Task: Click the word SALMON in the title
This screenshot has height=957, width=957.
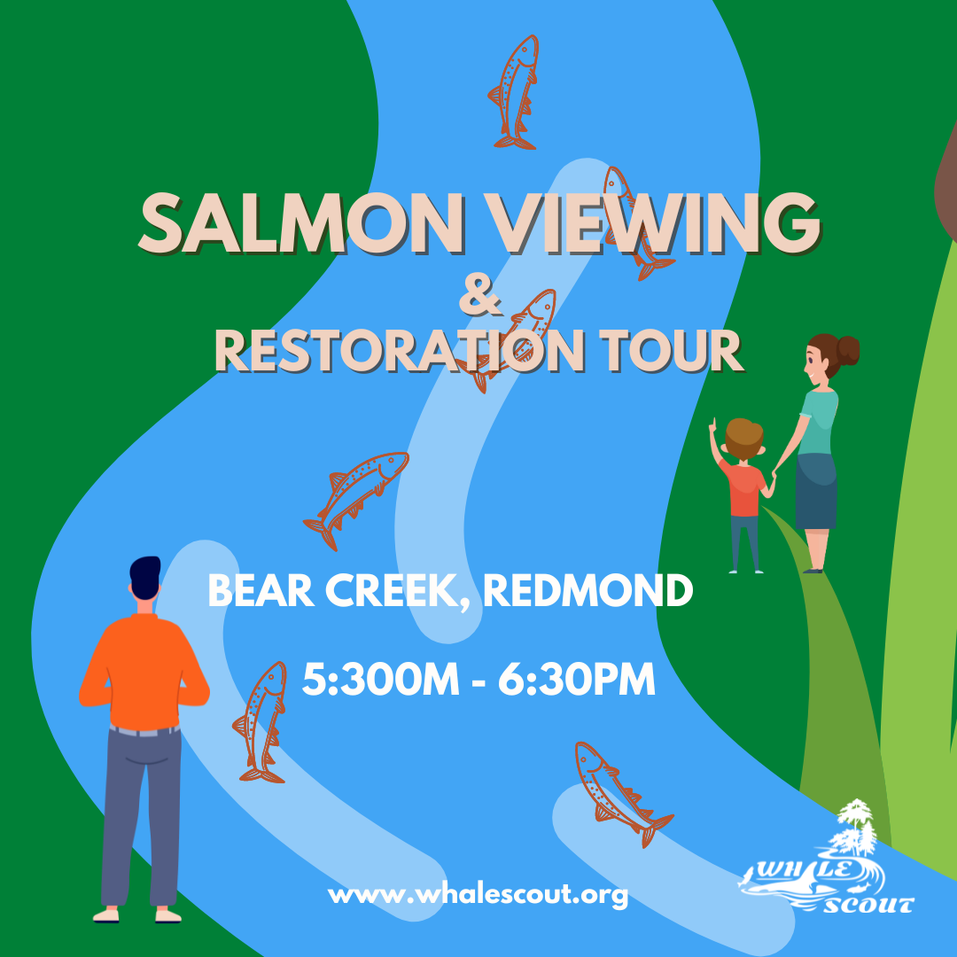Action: click(x=301, y=223)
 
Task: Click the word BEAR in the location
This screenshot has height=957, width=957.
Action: click(x=261, y=590)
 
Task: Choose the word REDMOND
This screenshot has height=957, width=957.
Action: click(x=588, y=590)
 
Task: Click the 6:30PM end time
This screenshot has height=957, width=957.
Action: click(x=577, y=680)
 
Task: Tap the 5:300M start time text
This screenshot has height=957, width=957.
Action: click(x=381, y=680)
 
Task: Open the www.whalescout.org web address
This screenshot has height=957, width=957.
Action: click(x=478, y=895)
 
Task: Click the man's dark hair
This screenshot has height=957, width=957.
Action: click(x=145, y=577)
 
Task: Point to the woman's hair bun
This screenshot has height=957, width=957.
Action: click(x=848, y=350)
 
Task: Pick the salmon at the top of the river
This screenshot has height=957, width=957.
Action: click(x=515, y=91)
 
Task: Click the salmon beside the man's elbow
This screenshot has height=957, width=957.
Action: click(x=261, y=722)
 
